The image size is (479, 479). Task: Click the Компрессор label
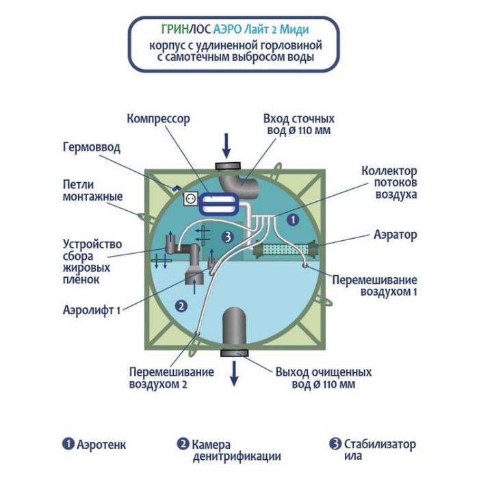[x=157, y=118]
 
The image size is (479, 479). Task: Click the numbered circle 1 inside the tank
[x=292, y=220]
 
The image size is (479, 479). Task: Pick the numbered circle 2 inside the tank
[x=181, y=306]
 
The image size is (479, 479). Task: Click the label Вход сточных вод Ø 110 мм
[x=298, y=125]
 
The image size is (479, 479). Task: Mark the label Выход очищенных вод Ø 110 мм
[x=322, y=378]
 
